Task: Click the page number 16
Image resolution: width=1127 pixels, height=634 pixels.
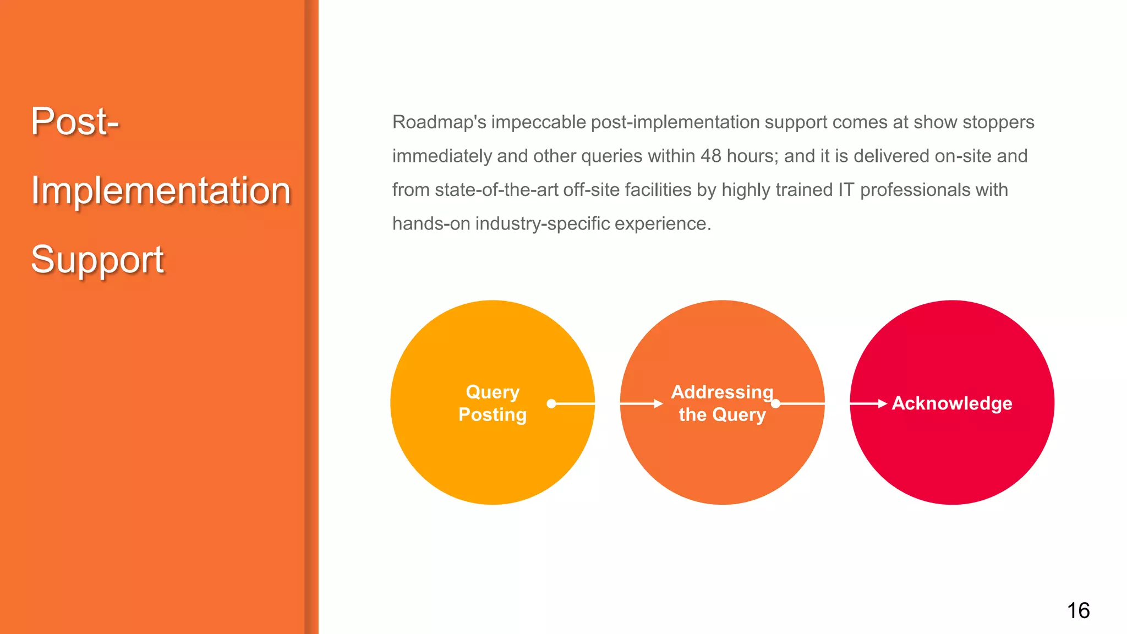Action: click(x=1078, y=610)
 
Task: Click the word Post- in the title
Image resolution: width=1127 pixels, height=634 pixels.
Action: click(x=75, y=122)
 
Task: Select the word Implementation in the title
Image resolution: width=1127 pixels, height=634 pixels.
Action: click(x=161, y=191)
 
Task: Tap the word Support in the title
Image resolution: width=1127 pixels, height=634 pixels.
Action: click(x=97, y=260)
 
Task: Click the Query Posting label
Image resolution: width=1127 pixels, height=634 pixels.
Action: click(x=493, y=403)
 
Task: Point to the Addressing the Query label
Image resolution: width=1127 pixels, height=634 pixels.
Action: click(x=721, y=403)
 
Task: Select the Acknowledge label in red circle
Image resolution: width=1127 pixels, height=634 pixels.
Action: click(x=951, y=403)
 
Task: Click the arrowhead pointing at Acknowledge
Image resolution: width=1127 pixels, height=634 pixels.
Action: click(x=882, y=403)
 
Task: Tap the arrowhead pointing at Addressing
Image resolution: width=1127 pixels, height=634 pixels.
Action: click(x=658, y=403)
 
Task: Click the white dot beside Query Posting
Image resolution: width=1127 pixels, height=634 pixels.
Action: click(x=551, y=403)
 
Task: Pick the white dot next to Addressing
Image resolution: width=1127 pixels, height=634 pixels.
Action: click(x=776, y=403)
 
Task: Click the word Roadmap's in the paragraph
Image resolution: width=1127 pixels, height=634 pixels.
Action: click(x=439, y=122)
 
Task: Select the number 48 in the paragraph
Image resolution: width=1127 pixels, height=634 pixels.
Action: click(x=710, y=156)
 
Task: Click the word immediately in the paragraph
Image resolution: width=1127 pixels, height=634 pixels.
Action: click(x=442, y=156)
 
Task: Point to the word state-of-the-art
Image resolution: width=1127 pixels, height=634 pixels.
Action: click(x=496, y=190)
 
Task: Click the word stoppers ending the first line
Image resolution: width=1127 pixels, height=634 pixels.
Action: click(x=998, y=122)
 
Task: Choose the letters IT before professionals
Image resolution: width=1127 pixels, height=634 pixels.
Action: click(x=846, y=190)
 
